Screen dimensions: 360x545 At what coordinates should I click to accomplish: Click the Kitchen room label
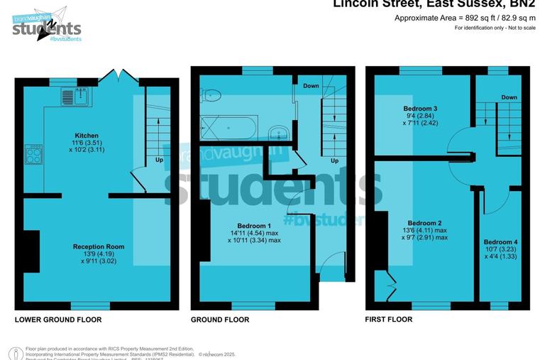tap(87, 135)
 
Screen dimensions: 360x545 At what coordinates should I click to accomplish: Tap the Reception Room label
tap(99, 247)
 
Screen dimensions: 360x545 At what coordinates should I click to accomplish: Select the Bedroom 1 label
tap(254, 226)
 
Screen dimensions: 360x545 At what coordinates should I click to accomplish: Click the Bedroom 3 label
tap(425, 109)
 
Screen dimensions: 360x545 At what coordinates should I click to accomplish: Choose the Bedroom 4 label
tap(500, 242)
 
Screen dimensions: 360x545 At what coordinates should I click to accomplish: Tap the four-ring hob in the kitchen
tap(33, 153)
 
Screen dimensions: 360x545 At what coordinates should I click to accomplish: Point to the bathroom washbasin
tap(278, 132)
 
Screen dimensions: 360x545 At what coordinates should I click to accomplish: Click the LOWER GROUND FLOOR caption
tap(58, 320)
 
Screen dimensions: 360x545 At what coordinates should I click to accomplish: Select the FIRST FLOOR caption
tap(389, 320)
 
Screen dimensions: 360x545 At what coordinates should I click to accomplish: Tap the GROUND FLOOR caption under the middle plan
tap(220, 320)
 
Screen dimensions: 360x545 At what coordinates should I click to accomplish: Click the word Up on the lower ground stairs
tap(158, 160)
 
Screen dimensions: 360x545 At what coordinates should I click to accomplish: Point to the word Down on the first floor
tap(509, 97)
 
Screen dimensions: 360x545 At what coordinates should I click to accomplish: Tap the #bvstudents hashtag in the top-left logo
tap(66, 38)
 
